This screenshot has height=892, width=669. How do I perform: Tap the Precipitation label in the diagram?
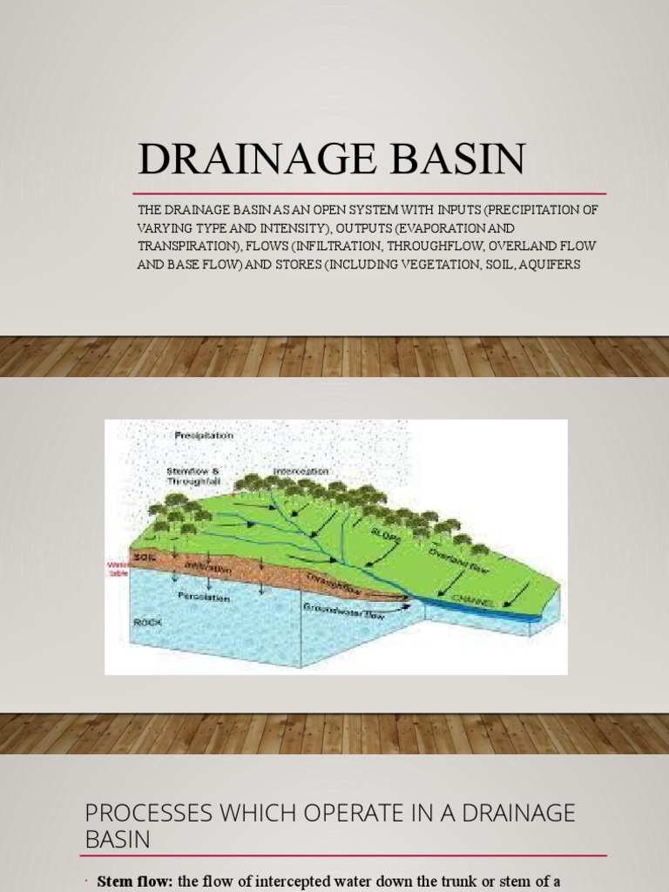[204, 435]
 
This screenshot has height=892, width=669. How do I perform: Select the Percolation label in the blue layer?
[203, 598]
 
